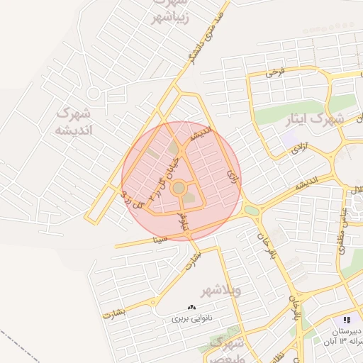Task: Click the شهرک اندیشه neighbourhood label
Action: (x=74, y=121)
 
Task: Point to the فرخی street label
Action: (x=275, y=72)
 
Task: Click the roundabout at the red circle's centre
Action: (x=179, y=188)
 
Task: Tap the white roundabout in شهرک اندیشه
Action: (x=93, y=93)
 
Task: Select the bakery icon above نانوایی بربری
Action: (x=191, y=307)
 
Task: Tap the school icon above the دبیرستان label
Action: (x=347, y=320)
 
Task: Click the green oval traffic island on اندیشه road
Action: (x=252, y=210)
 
